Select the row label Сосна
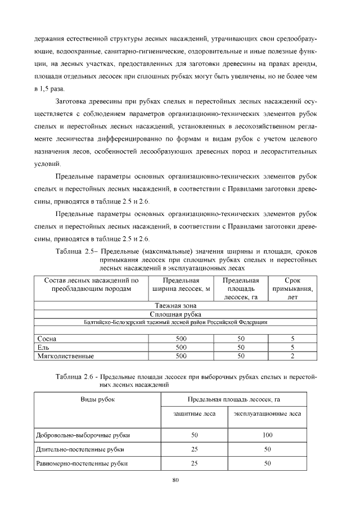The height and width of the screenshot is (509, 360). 47,339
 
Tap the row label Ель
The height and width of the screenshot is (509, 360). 43,348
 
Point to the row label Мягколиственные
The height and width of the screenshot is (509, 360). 64,356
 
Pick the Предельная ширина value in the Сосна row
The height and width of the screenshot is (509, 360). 181,339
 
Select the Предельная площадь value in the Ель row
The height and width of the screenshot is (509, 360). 241,348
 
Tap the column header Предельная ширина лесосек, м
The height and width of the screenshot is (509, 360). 181,285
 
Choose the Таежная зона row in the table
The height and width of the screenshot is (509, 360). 175,306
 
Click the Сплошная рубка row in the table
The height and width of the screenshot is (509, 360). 175,314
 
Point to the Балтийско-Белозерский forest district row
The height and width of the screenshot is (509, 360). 175,322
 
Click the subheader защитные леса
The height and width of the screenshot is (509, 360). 195,414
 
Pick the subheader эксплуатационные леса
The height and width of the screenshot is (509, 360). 267,414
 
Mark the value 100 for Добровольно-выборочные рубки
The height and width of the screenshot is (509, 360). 267,435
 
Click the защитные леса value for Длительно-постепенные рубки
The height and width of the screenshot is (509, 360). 195,449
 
